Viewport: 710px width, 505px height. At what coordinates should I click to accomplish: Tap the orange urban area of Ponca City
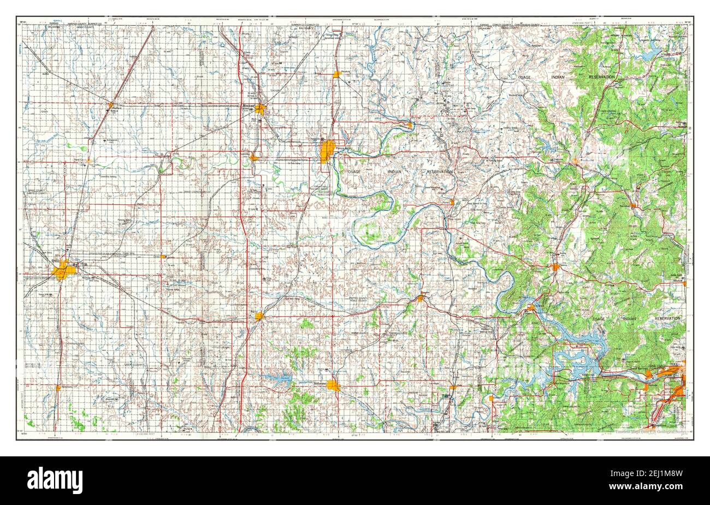[327, 151]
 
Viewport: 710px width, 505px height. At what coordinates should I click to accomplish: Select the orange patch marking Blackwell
[260, 109]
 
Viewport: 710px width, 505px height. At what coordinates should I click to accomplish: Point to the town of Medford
[111, 105]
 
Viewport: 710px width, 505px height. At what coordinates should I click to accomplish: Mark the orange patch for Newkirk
[337, 74]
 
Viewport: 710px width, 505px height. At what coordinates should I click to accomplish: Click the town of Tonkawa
[254, 157]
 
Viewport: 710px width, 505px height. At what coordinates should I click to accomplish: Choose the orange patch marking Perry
[259, 315]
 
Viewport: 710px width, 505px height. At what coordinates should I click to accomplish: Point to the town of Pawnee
[420, 298]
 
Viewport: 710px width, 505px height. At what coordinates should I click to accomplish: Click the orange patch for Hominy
[555, 267]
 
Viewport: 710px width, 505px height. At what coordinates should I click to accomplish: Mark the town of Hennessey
[58, 387]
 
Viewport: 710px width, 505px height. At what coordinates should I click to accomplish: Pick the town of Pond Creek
[87, 161]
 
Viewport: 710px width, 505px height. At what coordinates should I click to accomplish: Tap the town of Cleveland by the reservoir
[530, 308]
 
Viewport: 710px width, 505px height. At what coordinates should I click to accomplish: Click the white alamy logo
[55, 480]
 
